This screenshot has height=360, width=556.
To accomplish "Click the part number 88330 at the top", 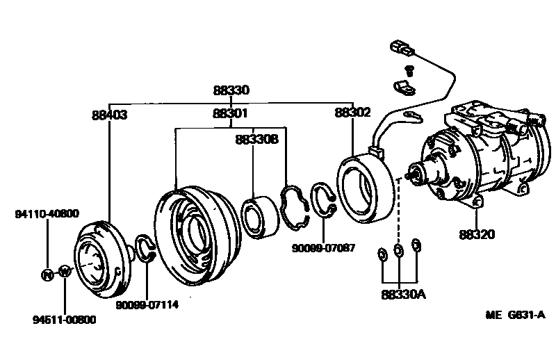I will click(231, 90).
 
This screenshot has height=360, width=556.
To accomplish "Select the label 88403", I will click(109, 115).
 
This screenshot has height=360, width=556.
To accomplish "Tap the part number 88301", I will click(231, 113).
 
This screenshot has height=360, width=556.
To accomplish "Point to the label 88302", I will click(352, 112).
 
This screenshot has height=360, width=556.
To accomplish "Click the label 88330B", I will click(256, 139).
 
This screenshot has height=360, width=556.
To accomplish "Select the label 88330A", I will click(402, 294).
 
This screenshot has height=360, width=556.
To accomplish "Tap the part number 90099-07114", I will click(147, 304).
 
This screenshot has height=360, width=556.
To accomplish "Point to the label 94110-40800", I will click(47, 213).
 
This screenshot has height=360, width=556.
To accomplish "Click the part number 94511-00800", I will click(65, 320).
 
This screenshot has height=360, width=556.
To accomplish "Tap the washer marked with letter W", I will click(64, 272).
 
